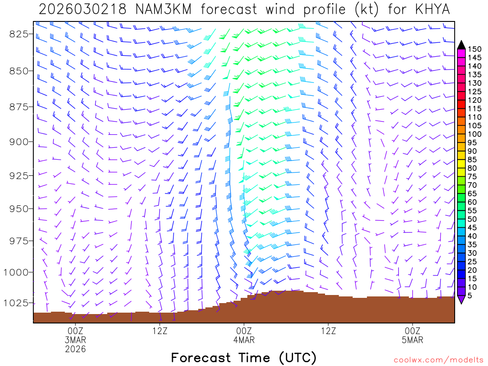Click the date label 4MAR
click(244, 340)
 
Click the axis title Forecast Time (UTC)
click(244, 357)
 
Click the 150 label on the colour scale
click(475, 49)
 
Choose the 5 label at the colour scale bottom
click(471, 296)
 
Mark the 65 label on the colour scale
click(473, 193)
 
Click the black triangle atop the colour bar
click(461, 44)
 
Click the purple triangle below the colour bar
click(461, 300)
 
